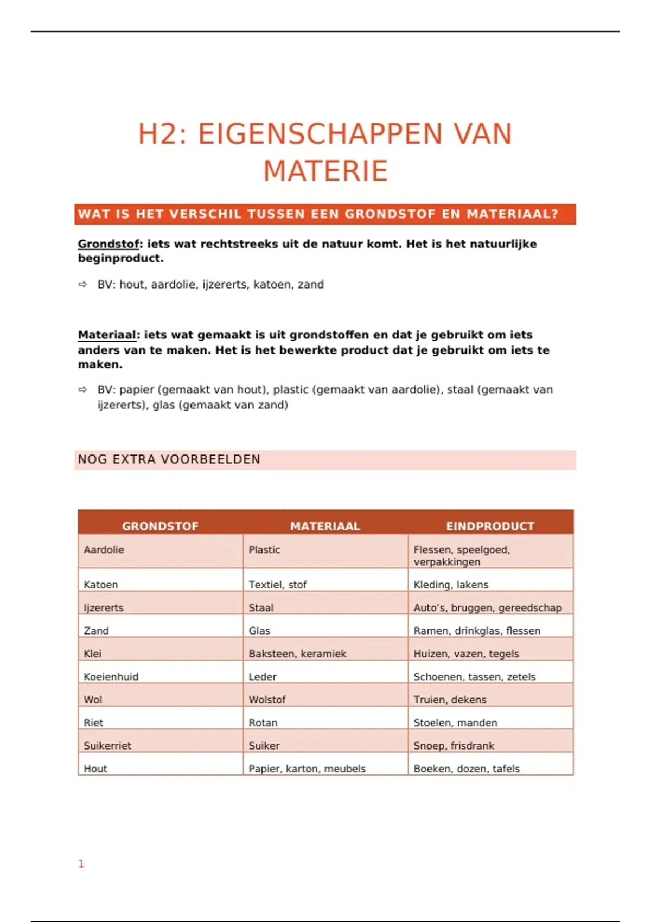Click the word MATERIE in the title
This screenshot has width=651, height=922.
325,171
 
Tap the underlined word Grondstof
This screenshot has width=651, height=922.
108,244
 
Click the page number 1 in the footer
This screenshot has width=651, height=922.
81,863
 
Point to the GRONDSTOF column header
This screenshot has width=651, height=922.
160,526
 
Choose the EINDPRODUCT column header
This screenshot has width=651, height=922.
490,526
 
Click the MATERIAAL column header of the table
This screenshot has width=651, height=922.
325,526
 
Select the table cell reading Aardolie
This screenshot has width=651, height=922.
104,550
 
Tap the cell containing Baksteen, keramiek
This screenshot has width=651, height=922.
297,654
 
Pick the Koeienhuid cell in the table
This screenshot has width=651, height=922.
111,676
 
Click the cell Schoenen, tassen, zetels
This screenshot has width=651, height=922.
474,676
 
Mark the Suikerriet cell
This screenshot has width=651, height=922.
107,745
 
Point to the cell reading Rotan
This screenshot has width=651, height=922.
263,722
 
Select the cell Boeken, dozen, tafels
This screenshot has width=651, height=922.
467,769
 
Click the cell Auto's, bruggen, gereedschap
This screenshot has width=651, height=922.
487,607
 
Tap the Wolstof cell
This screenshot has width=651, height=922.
267,700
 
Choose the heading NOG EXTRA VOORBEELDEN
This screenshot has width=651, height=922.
169,459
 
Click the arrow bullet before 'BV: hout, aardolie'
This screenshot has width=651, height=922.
82,284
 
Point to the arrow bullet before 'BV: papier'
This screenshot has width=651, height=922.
82,389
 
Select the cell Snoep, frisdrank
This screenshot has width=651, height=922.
454,745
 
